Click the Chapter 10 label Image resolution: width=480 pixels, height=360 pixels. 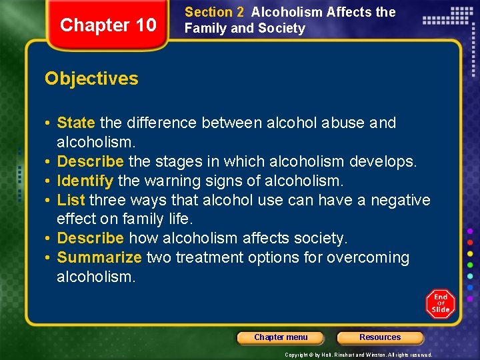coord(108,25)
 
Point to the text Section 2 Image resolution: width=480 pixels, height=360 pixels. coord(214,12)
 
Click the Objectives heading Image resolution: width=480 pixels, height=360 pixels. coord(91,79)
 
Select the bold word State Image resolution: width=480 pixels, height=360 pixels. coord(76,123)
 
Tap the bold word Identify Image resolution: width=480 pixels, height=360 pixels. coord(85,181)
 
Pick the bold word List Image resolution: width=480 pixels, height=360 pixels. coord(71,200)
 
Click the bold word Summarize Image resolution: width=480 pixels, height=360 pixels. coord(99,257)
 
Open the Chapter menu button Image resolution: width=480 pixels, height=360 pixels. coord(281,337)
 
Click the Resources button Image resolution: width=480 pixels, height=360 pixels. coord(380,337)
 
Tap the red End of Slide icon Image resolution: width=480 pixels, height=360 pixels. coord(440,303)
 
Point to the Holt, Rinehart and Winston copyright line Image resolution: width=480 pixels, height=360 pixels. coord(358,355)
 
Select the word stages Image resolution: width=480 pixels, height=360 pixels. coord(198,161)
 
